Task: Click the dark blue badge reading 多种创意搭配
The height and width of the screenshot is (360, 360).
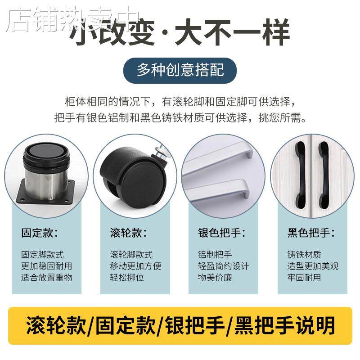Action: pos(180,71)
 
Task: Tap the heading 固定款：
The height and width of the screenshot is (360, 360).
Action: pos(40,233)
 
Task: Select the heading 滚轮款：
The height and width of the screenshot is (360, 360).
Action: pos(128,233)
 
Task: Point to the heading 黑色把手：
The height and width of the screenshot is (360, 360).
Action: pos(311,233)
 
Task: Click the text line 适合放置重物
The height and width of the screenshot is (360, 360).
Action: pos(47,277)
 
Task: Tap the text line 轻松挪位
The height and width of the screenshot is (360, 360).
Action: pos(127,277)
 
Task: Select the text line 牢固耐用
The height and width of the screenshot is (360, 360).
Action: pos(304,277)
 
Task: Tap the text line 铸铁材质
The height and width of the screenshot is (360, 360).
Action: pos(304,255)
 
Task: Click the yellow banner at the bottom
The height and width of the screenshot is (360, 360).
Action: pos(180,323)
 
